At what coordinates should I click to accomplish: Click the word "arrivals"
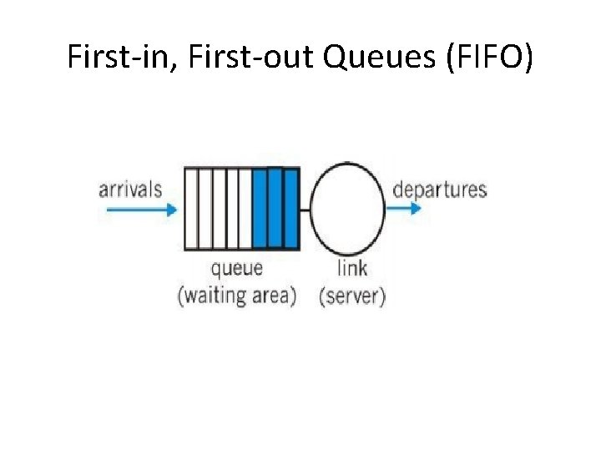tap(130, 189)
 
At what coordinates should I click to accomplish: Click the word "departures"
tap(439, 189)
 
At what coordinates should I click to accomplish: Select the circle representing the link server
tap(348, 210)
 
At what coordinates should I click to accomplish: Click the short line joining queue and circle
tap(305, 210)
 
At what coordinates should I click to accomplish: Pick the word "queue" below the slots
tap(236, 268)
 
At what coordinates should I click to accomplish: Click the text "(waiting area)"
tap(236, 296)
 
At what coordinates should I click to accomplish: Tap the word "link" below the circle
tap(351, 268)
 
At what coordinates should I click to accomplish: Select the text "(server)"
tap(351, 296)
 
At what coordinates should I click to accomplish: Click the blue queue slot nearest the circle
tap(290, 209)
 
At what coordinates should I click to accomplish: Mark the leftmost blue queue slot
tap(260, 209)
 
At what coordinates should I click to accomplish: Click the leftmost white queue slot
tap(191, 209)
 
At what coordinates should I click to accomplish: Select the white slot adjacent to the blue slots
tap(245, 209)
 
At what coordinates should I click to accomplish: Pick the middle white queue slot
tap(219, 209)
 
